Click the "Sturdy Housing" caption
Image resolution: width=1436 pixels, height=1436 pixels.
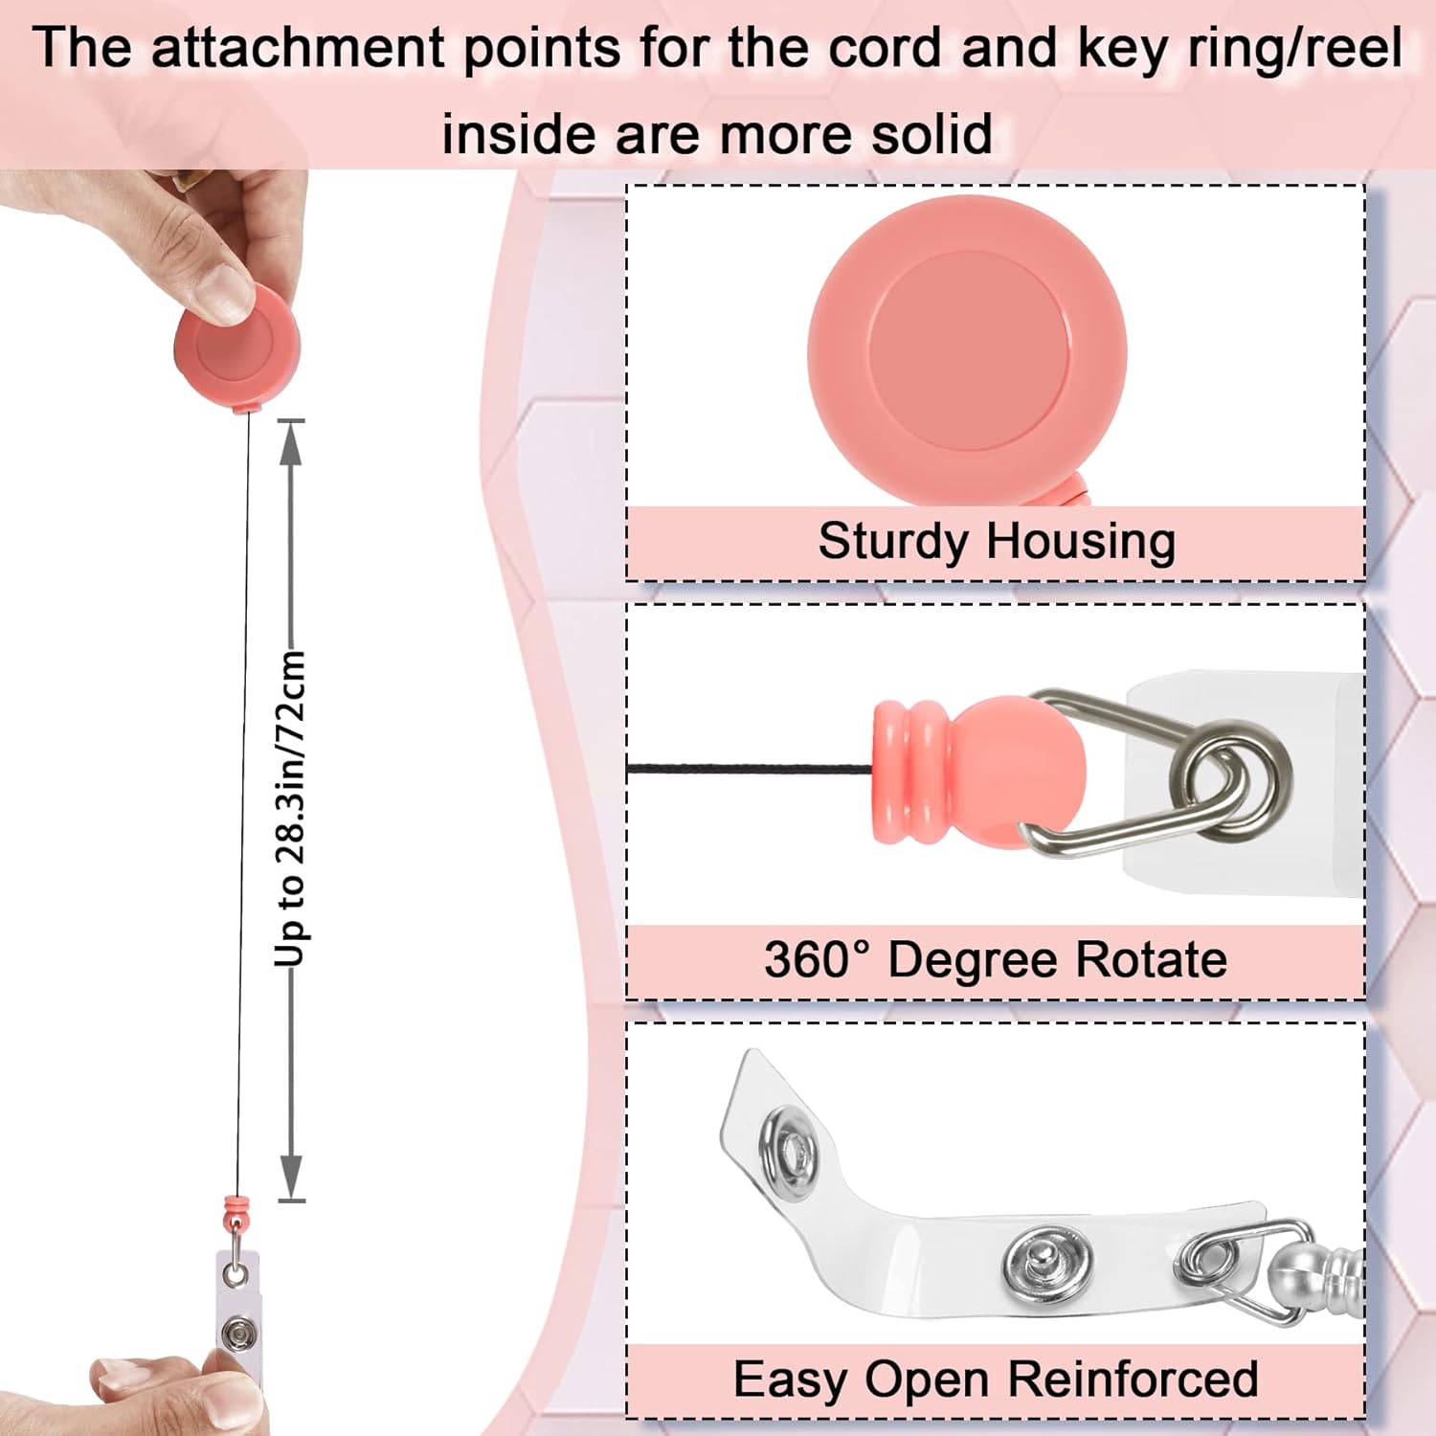pos(996,541)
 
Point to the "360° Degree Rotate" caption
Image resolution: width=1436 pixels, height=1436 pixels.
pos(996,959)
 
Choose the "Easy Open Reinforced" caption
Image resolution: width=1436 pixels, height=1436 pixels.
pos(996,1380)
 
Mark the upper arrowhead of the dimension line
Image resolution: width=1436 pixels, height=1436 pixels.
pos(291,442)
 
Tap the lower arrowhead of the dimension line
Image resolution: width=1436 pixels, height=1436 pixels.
pos(291,1178)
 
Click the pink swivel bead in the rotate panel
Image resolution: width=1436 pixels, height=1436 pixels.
pos(976,772)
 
